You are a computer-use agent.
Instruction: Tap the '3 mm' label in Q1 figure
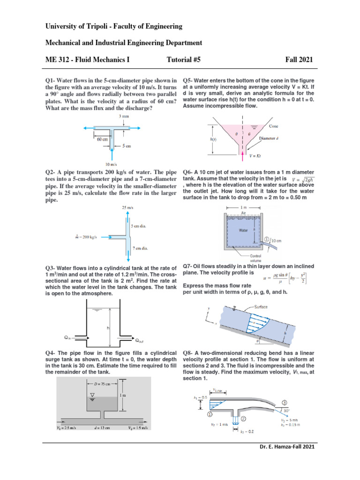point(124,115)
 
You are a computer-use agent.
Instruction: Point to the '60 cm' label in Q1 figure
point(103,139)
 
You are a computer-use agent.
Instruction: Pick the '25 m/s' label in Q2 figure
point(127,208)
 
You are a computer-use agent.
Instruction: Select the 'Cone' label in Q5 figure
point(274,126)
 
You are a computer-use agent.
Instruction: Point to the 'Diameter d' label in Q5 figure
point(283,138)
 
